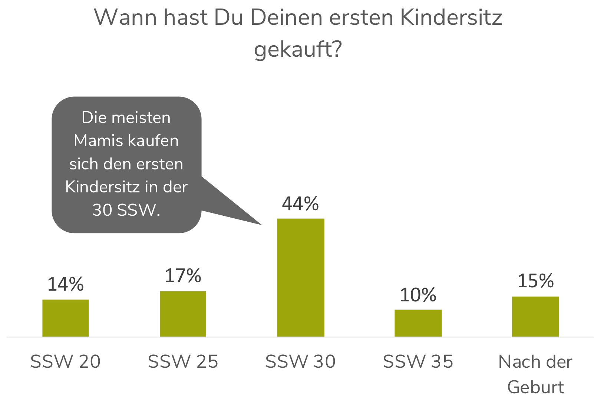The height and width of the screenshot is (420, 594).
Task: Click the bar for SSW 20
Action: (x=66, y=318)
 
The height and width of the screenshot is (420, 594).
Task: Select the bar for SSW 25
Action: (x=183, y=314)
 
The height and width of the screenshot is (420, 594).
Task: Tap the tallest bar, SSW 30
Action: (x=301, y=277)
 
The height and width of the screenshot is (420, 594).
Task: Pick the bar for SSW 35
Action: (x=418, y=323)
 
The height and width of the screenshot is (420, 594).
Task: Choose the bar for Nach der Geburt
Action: (x=535, y=316)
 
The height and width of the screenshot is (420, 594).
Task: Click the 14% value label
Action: (x=66, y=284)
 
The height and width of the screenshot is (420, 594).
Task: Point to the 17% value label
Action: (x=183, y=276)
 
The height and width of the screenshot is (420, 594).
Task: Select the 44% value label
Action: (x=301, y=204)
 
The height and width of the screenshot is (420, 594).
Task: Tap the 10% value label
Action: (x=418, y=295)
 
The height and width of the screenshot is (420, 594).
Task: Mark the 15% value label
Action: (x=535, y=281)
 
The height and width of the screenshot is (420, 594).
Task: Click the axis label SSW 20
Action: (x=66, y=361)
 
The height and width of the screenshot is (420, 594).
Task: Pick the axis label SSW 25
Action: (x=183, y=361)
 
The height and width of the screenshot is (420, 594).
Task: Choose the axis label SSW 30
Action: (x=301, y=361)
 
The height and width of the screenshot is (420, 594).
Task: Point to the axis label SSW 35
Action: (x=418, y=361)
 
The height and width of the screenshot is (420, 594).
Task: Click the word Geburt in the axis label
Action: (x=535, y=387)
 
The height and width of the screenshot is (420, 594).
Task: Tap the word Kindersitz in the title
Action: (x=451, y=17)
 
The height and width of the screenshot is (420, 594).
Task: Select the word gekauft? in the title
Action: (x=298, y=49)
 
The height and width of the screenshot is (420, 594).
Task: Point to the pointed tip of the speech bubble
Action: (x=261, y=224)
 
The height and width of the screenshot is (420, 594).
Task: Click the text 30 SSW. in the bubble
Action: (x=126, y=210)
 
